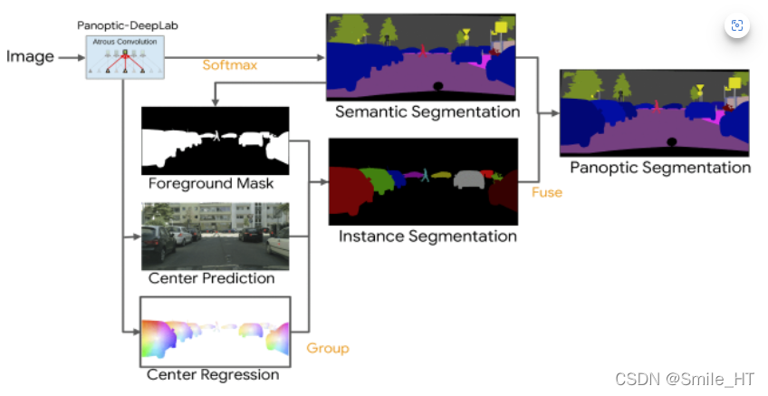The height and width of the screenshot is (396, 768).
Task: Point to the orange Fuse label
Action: click(x=546, y=192)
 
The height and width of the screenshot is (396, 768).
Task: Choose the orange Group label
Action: click(x=327, y=348)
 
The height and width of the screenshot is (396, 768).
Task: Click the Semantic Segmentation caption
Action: click(x=427, y=112)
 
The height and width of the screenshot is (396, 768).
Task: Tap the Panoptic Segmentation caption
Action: click(x=659, y=168)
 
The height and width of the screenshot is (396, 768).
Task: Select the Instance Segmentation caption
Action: click(x=427, y=237)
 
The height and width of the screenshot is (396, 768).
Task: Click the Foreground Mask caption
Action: click(x=212, y=184)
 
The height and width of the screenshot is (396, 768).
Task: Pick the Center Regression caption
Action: click(x=214, y=374)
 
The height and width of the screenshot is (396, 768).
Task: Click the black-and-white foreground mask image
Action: click(x=216, y=140)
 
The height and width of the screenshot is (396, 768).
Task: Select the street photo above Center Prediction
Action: click(x=216, y=236)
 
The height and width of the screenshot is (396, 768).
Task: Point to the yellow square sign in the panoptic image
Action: click(x=733, y=84)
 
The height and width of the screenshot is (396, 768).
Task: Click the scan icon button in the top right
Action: click(x=736, y=25)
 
